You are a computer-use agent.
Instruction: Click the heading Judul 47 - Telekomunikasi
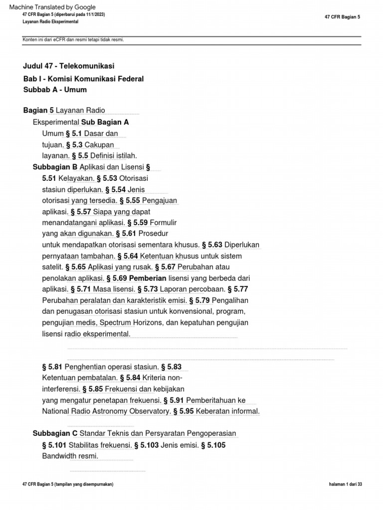coord(69,66)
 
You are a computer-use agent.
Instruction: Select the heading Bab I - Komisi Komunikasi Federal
coord(83,79)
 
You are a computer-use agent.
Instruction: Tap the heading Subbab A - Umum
coord(55,90)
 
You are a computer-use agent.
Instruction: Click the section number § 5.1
coord(74,133)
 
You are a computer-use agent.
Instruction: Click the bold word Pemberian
coord(147,278)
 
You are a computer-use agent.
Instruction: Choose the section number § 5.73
coord(148,289)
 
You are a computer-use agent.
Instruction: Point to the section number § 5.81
coord(52,367)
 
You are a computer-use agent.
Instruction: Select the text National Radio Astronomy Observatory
coord(106,411)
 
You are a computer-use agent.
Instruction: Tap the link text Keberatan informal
coord(227,411)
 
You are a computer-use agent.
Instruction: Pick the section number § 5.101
coord(54,445)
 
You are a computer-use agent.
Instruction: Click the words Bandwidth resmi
coord(70,456)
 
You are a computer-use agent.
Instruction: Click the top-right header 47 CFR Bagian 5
coord(342,17)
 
